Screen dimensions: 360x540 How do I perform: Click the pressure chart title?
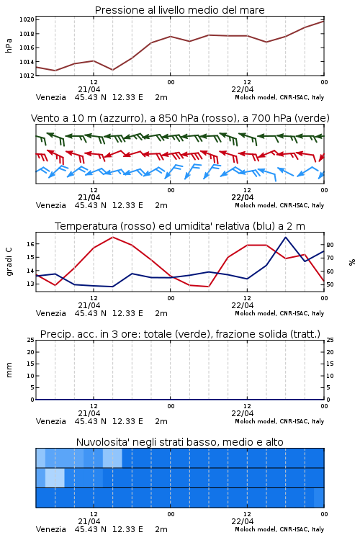tap(179, 10)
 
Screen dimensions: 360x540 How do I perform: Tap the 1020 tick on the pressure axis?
tap(27, 19)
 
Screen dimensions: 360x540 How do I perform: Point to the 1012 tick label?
tap(27, 76)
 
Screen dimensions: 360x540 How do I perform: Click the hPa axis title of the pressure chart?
tap(9, 45)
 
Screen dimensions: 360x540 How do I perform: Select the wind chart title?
tap(180, 118)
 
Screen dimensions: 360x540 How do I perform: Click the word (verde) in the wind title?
tap(312, 118)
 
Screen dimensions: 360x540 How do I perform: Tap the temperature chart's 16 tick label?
tap(31, 244)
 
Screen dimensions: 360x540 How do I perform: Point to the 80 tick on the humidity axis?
tap(330, 245)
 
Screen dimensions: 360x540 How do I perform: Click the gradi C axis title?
tap(9, 262)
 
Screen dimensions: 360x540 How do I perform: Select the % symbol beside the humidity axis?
tap(352, 262)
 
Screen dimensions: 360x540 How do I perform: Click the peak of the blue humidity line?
tap(286, 237)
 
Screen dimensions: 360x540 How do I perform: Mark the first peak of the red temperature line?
tap(112, 237)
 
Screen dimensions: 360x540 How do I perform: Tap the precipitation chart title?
tap(180, 334)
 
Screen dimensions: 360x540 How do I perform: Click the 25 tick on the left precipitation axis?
tap(31, 340)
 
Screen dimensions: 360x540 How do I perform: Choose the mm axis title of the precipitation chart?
tap(9, 370)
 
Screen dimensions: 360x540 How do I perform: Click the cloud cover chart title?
tap(179, 442)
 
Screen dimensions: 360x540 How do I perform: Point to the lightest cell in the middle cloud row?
tap(55, 477)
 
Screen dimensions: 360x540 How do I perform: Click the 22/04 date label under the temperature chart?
tap(243, 305)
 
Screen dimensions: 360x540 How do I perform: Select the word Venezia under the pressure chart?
tap(50, 97)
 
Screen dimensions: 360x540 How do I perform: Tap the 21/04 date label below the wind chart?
tap(89, 197)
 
